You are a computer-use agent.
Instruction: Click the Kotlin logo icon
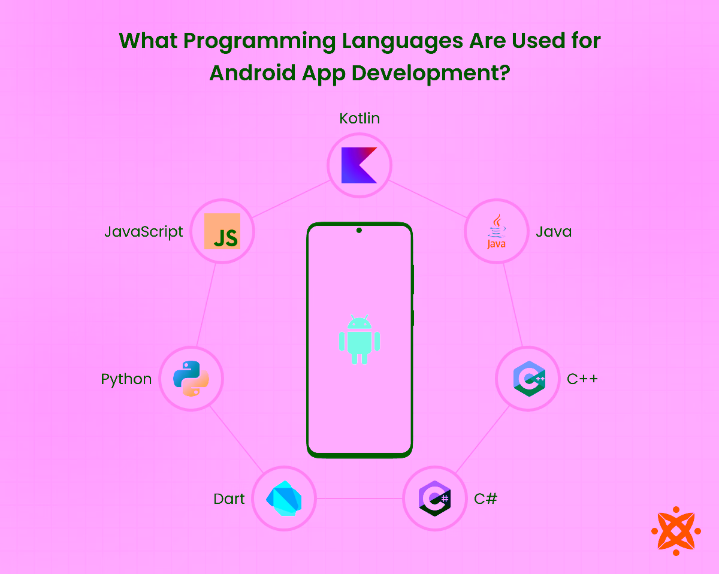359,165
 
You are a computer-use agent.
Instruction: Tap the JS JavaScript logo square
222,231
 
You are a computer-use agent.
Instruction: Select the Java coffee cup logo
497,232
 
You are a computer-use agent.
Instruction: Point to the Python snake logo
191,379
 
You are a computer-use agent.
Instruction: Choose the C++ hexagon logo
528,379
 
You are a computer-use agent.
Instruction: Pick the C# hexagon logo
434,499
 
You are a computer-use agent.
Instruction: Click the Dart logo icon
283,499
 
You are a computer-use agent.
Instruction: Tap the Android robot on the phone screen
359,339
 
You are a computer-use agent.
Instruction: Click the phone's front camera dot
359,230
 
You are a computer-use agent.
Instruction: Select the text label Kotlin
359,119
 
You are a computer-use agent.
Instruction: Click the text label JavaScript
144,232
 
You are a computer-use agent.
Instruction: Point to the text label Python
126,379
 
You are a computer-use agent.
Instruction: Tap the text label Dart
229,499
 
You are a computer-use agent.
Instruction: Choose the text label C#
485,499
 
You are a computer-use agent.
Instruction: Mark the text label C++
582,379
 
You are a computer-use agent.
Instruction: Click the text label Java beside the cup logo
554,232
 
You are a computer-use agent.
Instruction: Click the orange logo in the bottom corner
676,531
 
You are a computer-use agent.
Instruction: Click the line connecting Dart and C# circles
359,499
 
